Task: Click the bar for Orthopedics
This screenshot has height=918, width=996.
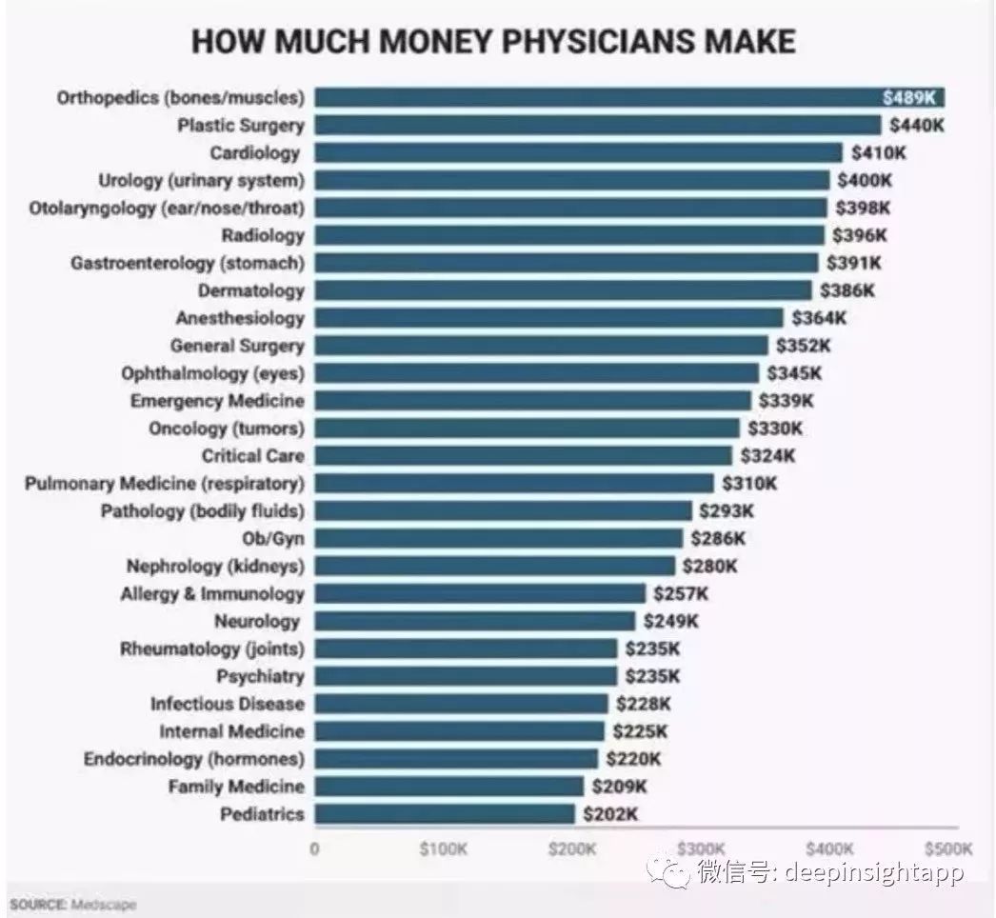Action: tap(628, 97)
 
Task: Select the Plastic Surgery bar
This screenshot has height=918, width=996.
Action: tap(598, 125)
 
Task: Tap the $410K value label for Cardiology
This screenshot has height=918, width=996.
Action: tap(878, 152)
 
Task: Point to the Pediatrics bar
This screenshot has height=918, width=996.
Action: tap(445, 814)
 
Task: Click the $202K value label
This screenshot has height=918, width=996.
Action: tap(610, 814)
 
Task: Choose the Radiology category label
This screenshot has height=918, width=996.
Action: tap(263, 235)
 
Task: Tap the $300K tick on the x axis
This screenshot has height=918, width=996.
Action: tap(702, 848)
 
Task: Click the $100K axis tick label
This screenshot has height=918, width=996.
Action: tap(444, 848)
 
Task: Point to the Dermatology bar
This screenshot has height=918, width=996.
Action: tap(564, 290)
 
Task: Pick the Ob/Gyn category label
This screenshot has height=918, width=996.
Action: tap(273, 539)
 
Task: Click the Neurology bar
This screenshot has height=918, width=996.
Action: tap(475, 621)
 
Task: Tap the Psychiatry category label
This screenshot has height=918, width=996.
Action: tap(261, 676)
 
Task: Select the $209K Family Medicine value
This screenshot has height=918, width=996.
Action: tap(619, 787)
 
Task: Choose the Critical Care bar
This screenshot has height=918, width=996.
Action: tap(524, 456)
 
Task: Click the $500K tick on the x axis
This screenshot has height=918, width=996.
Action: tap(947, 848)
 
